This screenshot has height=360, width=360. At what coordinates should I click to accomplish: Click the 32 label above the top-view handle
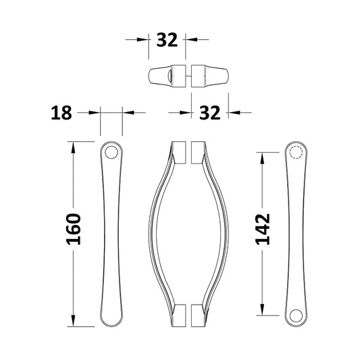point(167,40)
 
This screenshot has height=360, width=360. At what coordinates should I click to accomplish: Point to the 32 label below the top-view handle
point(211,113)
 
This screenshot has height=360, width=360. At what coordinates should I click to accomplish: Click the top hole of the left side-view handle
point(111,154)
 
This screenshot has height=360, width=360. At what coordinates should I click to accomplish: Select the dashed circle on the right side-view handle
point(294,153)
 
